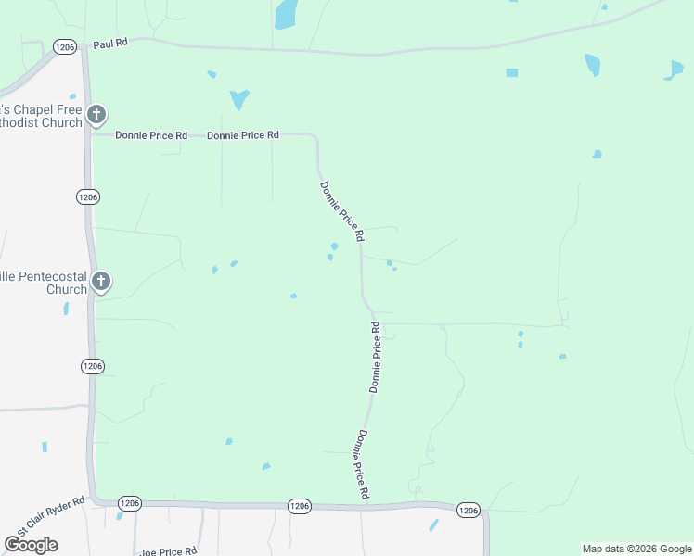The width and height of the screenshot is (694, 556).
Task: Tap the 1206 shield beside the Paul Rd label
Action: coord(64,45)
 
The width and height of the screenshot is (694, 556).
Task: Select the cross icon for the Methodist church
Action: coord(96,116)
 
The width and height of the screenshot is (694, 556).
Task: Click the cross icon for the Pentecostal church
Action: coord(102,280)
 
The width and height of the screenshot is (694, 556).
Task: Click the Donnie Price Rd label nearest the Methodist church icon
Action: coord(151,135)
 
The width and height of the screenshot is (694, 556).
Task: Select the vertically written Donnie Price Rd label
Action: coord(375,358)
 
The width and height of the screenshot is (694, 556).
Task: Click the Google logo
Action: coord(31,545)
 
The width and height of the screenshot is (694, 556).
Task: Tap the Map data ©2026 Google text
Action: coord(636,549)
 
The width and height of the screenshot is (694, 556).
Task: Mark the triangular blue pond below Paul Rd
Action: coord(239,98)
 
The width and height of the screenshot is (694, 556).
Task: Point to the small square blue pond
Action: coord(511,72)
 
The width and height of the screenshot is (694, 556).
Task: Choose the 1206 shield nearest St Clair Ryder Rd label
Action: coord(129,503)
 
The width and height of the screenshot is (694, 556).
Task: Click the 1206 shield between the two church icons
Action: coord(88,197)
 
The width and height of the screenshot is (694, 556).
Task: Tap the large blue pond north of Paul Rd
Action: coord(287,13)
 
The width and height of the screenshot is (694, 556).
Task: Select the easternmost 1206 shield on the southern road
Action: coord(469,510)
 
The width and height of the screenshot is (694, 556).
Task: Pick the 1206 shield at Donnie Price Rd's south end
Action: coord(299,506)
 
